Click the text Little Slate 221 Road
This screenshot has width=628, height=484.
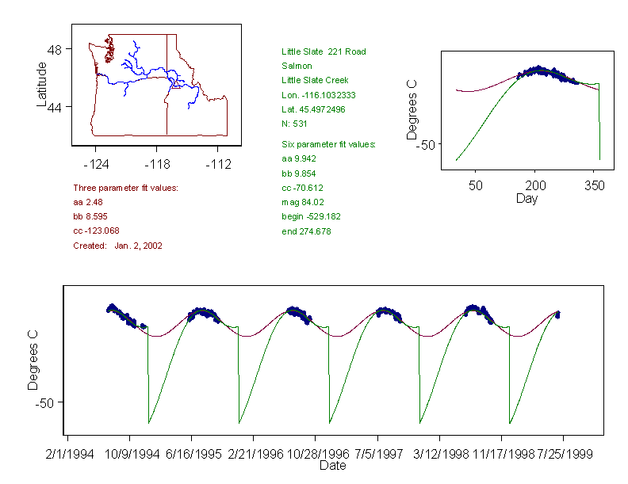(324, 51)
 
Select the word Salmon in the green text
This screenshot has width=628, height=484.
(297, 66)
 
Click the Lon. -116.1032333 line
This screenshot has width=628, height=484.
(318, 95)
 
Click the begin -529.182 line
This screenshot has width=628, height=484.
(311, 216)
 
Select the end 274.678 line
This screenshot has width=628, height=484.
(306, 231)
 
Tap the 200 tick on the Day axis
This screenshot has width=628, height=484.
(535, 185)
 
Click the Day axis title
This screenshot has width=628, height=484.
(527, 198)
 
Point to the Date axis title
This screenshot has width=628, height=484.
(332, 465)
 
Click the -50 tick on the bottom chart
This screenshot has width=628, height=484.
(46, 402)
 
